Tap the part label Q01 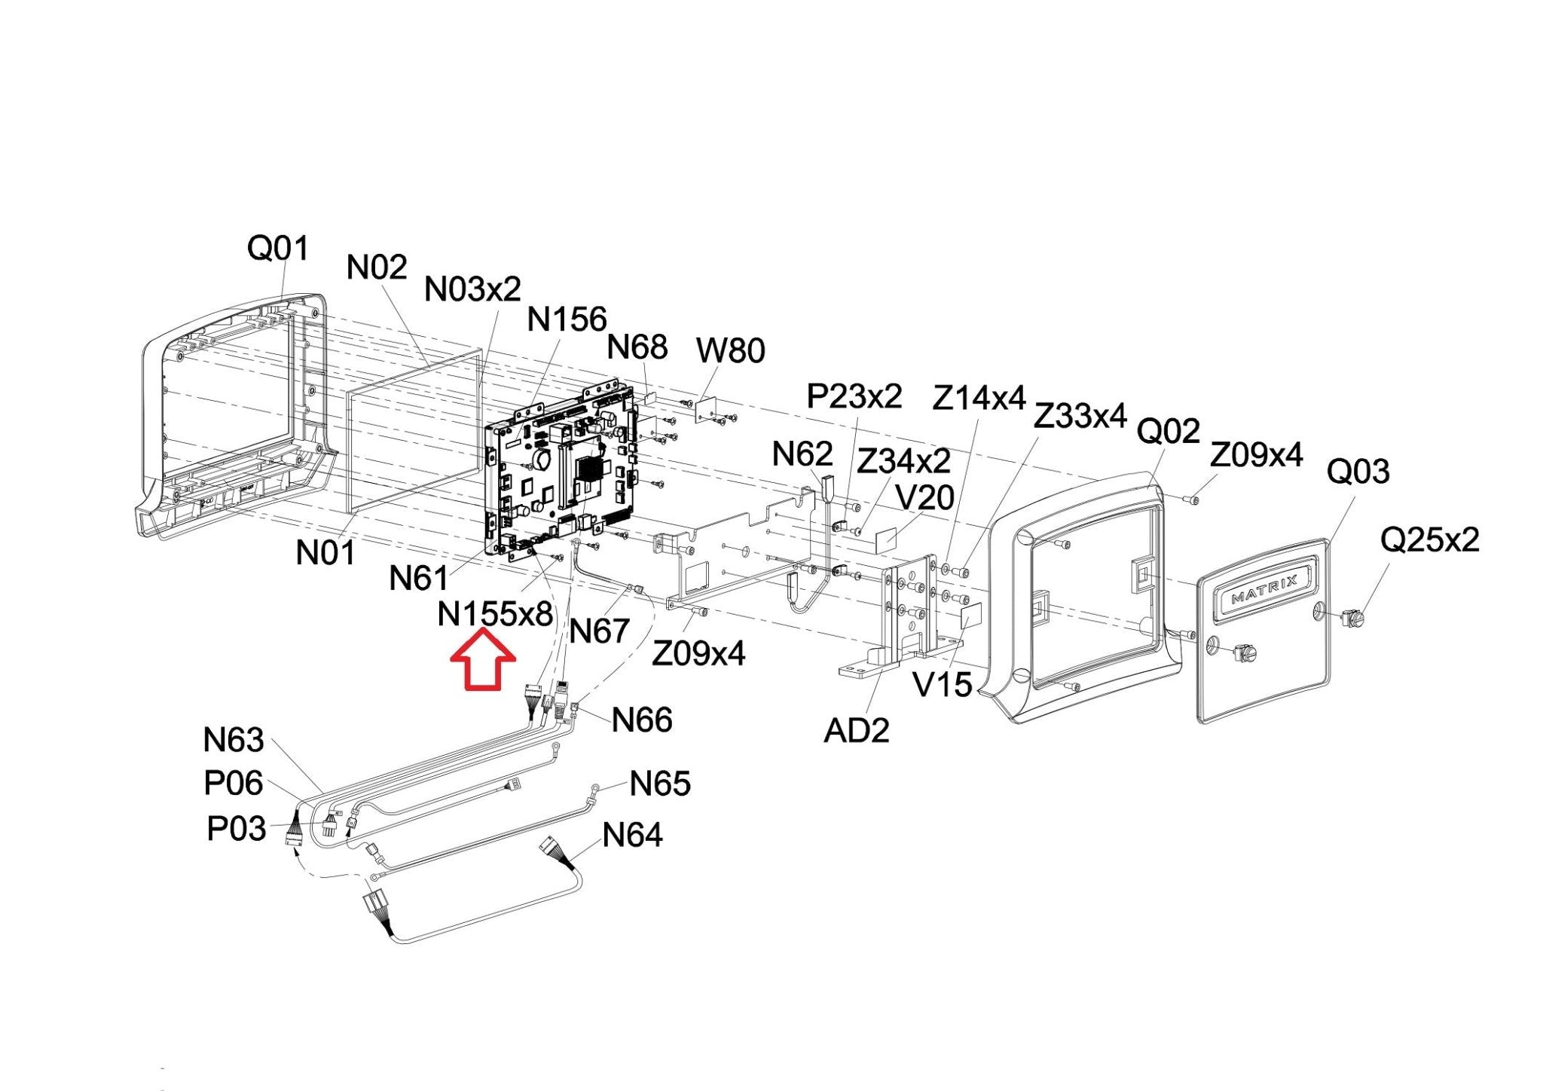[278, 248]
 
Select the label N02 [377, 267]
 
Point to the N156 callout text [567, 319]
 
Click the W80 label [730, 350]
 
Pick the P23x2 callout [854, 396]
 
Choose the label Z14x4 [979, 398]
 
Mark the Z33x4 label [1080, 415]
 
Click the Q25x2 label [1429, 539]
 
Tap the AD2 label [857, 730]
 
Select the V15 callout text [942, 685]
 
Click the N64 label [632, 835]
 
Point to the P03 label [236, 830]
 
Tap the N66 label [642, 720]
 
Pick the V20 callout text [924, 497]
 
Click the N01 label [325, 553]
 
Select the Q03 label [1358, 471]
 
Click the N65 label [659, 784]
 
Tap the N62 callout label [802, 454]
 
